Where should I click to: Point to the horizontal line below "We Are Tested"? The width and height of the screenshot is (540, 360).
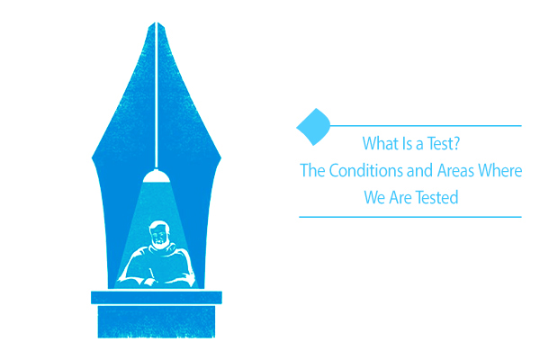pyautogui.click(x=409, y=217)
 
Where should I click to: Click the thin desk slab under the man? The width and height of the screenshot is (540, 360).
pyautogui.click(x=157, y=297)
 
